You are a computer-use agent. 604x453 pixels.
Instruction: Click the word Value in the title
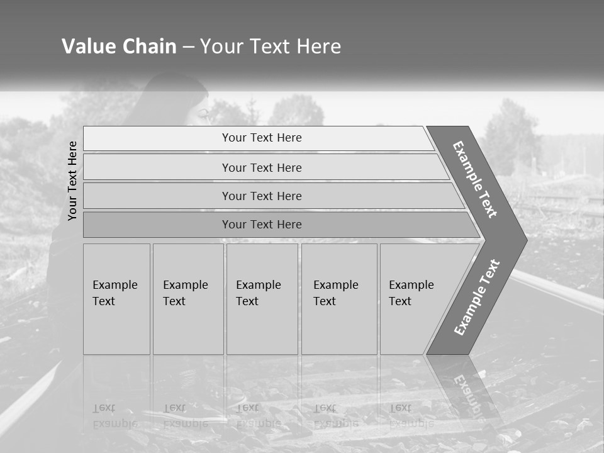pos(87,47)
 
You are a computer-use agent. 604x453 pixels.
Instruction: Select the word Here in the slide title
pos(318,47)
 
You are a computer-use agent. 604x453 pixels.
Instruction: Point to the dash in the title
pos(188,47)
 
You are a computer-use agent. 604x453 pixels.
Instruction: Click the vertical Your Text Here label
pos(72,181)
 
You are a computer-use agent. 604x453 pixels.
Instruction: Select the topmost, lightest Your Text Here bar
pos(261,138)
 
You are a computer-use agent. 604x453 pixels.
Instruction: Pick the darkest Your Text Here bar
pos(261,225)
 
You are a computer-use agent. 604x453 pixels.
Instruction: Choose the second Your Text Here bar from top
pos(261,167)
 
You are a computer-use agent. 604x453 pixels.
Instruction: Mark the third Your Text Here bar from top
pos(261,196)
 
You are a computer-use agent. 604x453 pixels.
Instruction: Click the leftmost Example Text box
pos(116,299)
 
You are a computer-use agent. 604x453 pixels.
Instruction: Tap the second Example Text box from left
pos(187,299)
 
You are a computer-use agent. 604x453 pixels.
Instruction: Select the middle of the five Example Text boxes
pos(262,299)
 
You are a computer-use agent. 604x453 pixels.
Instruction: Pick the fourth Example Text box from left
pos(338,299)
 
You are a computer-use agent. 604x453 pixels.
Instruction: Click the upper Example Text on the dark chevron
pos(475,179)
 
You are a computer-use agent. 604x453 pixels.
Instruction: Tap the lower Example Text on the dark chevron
pos(477,297)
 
